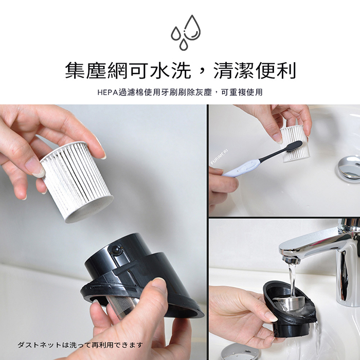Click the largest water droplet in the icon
(x=192, y=28)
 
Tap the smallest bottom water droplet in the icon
(x=184, y=45)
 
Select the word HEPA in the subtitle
(x=107, y=93)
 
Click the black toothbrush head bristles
(x=293, y=147)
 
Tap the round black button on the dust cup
(x=116, y=249)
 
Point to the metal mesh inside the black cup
(x=123, y=307)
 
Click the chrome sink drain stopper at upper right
(x=349, y=167)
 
